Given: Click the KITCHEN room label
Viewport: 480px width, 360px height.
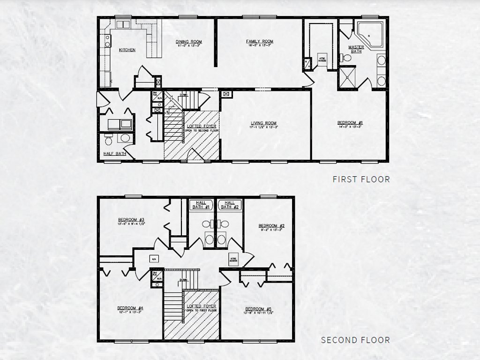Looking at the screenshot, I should [x=127, y=50].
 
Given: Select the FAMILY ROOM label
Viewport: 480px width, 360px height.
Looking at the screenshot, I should [x=259, y=42].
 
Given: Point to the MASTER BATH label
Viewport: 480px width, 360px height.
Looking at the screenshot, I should [x=356, y=49].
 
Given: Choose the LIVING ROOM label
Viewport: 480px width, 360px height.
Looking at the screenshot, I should [x=263, y=123].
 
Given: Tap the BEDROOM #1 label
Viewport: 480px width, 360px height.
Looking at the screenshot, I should [x=350, y=123].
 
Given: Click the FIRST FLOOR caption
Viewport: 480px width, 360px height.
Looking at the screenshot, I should [x=361, y=179].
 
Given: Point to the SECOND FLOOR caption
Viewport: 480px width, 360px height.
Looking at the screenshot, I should [x=355, y=340].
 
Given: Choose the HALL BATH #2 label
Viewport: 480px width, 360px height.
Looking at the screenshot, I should [x=230, y=204].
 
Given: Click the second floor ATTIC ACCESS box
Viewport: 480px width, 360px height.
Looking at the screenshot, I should [x=233, y=259].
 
